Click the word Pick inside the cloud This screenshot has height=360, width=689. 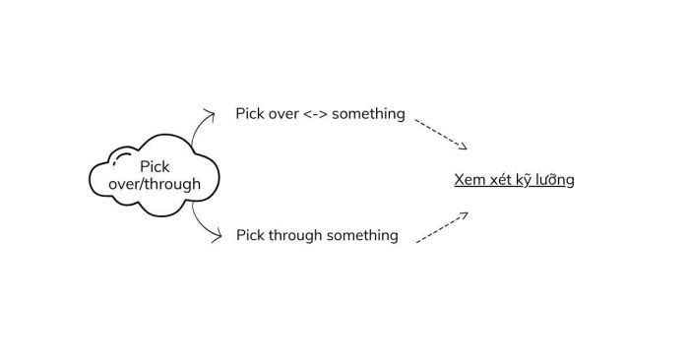[155, 167]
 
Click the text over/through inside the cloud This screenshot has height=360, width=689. [155, 184]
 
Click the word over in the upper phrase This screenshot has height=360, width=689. [283, 114]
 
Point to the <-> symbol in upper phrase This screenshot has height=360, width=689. [315, 114]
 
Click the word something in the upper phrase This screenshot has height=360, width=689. [368, 114]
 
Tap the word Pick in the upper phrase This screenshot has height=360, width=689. [250, 114]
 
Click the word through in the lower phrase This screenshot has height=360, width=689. [298, 235]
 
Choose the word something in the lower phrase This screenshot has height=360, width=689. [365, 235]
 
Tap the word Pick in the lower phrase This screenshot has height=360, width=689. [251, 235]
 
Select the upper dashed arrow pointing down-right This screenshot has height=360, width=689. [439, 134]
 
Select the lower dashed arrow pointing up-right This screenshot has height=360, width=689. [441, 227]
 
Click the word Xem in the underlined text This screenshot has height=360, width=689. [469, 180]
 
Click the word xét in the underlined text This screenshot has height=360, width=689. [501, 180]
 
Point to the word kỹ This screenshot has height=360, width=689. [527, 181]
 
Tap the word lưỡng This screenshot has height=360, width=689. [557, 181]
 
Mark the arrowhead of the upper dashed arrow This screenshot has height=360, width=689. [464, 148]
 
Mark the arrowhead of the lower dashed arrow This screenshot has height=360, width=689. [465, 213]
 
